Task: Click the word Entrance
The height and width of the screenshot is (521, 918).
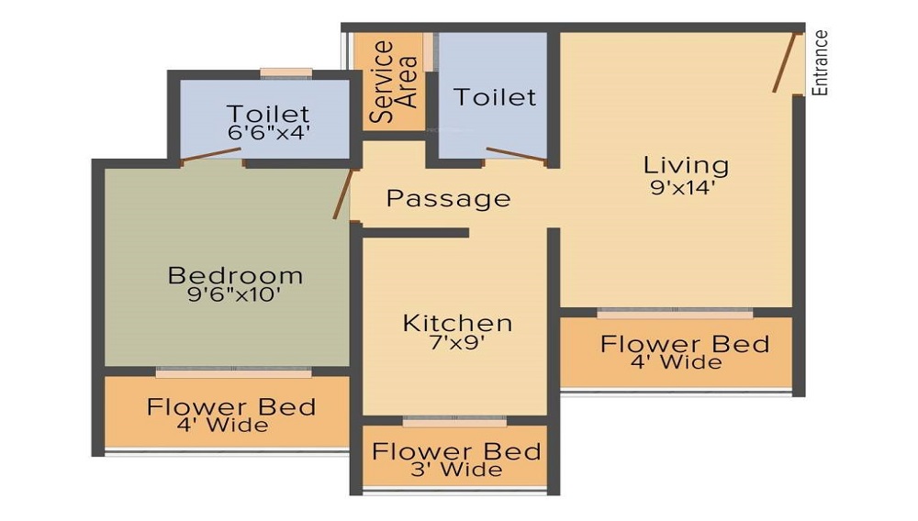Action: click(821, 62)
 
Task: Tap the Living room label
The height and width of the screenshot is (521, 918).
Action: click(686, 165)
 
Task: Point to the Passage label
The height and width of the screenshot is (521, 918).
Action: click(448, 198)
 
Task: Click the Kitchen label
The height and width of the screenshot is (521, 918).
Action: click(457, 323)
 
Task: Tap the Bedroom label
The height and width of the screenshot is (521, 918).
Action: click(235, 275)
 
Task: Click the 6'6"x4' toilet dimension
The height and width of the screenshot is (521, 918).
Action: click(268, 132)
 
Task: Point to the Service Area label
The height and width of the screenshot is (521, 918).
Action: click(393, 82)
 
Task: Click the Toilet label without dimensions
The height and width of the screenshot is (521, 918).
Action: click(494, 96)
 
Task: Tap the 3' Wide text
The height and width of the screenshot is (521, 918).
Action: click(455, 471)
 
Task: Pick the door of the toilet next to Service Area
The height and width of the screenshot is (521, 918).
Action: click(515, 156)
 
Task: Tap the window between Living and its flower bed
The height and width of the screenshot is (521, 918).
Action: click(675, 313)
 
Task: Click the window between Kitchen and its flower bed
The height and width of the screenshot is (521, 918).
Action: click(454, 422)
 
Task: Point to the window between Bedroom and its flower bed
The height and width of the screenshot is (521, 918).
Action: click(233, 372)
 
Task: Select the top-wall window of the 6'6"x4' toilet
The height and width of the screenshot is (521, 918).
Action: click(285, 73)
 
